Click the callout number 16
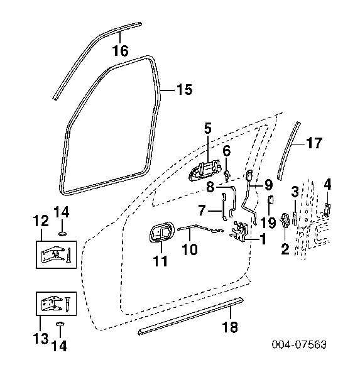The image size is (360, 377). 121,51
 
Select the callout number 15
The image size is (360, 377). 185,89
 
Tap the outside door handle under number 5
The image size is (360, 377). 205,170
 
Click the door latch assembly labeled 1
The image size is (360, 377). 239,231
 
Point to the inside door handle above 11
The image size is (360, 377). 161,232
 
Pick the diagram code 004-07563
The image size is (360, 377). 299,344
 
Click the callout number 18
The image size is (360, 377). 230,327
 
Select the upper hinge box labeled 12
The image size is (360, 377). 57,254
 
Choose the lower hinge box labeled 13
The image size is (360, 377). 57,303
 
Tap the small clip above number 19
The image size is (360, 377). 271,200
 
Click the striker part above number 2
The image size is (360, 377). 285,220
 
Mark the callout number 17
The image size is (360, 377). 314,143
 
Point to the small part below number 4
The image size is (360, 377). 327,210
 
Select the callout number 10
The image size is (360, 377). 190,249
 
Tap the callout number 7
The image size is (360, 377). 202,210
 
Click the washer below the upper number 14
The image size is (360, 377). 63,233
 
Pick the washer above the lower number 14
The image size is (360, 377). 60,324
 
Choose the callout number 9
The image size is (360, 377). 268,185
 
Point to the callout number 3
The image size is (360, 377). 295,192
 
